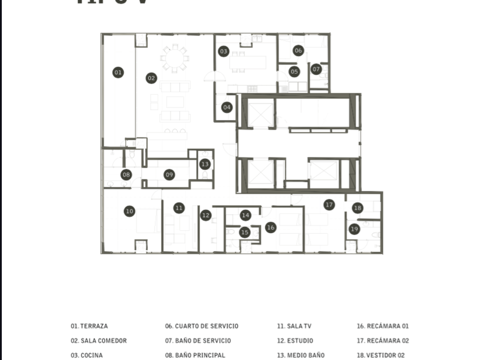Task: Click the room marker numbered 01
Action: [x=118, y=73]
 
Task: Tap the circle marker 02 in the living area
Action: [x=151, y=78]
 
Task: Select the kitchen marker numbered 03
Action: [x=223, y=51]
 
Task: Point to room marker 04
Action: [x=227, y=107]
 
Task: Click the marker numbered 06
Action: [x=298, y=51]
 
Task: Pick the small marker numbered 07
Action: [x=317, y=69]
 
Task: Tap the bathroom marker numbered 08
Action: [x=126, y=175]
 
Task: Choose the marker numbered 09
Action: [x=169, y=175]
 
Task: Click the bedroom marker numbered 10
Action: [x=130, y=211]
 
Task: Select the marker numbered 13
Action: [x=205, y=164]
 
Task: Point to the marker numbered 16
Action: [x=271, y=227]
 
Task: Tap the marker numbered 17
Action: [x=329, y=205]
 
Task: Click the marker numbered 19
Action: [x=354, y=229]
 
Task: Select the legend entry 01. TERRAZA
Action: [x=90, y=326]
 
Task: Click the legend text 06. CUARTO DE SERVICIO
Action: [x=202, y=326]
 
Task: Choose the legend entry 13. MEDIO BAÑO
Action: [x=301, y=355]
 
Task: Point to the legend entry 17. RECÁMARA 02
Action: [x=383, y=341]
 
